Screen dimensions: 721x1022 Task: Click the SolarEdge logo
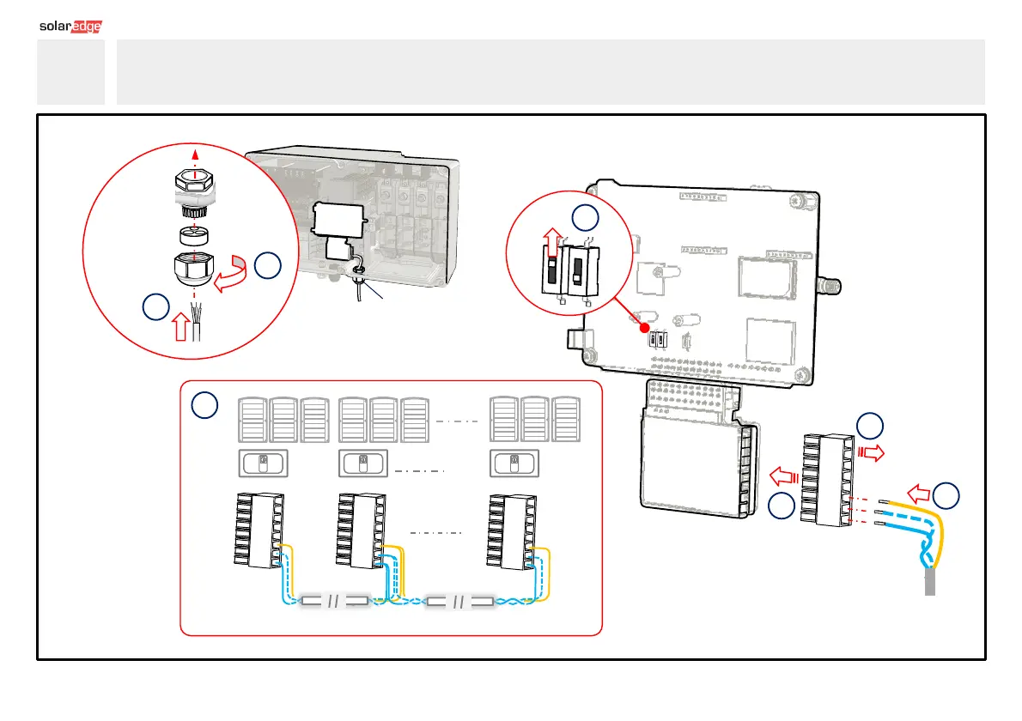point(71,27)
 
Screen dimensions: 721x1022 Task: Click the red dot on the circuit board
point(644,327)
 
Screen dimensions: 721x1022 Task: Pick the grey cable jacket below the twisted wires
point(930,583)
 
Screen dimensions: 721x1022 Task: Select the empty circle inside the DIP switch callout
point(585,217)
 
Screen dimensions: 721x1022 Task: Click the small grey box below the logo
point(70,72)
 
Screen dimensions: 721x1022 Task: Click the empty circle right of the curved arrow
point(267,267)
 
